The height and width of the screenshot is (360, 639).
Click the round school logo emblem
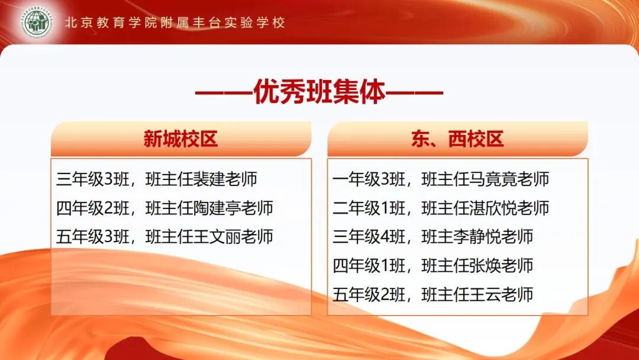tap(36, 22)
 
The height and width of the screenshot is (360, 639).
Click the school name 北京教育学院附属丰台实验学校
tap(175, 22)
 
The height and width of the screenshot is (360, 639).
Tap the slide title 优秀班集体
tap(319, 94)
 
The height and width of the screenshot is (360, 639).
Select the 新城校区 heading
tap(181, 140)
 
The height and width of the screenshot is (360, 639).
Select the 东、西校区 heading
tap(457, 140)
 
